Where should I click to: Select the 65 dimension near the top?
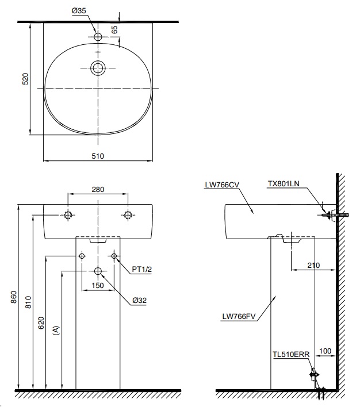114,29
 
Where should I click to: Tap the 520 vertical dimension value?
25,78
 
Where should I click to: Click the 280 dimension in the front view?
98,189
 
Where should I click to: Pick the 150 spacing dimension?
97,285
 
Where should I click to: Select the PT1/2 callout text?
141,269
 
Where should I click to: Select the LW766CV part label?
221,185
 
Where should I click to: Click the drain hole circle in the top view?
98,68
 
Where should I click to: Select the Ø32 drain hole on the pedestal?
98,271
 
